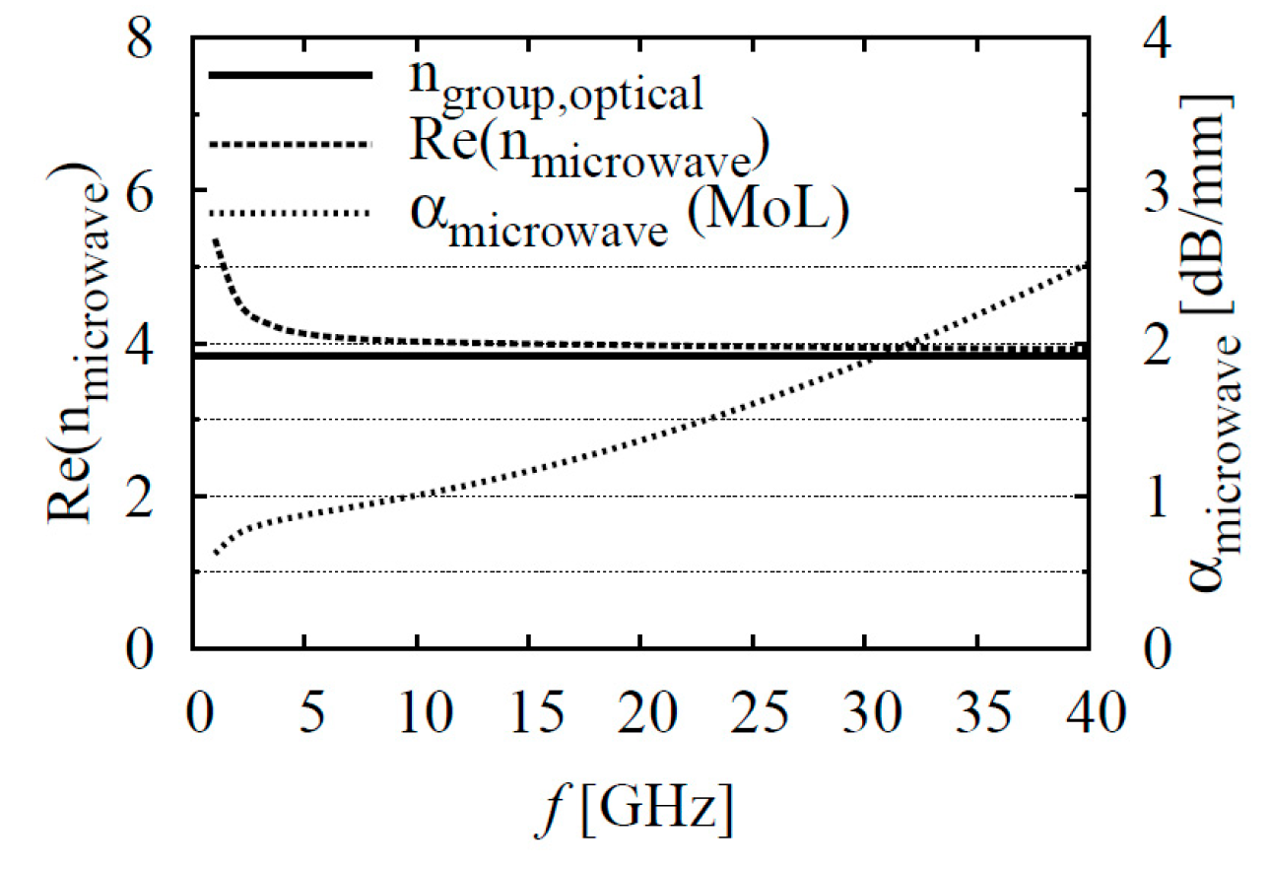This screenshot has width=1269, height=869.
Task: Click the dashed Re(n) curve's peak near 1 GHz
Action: [215, 239]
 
